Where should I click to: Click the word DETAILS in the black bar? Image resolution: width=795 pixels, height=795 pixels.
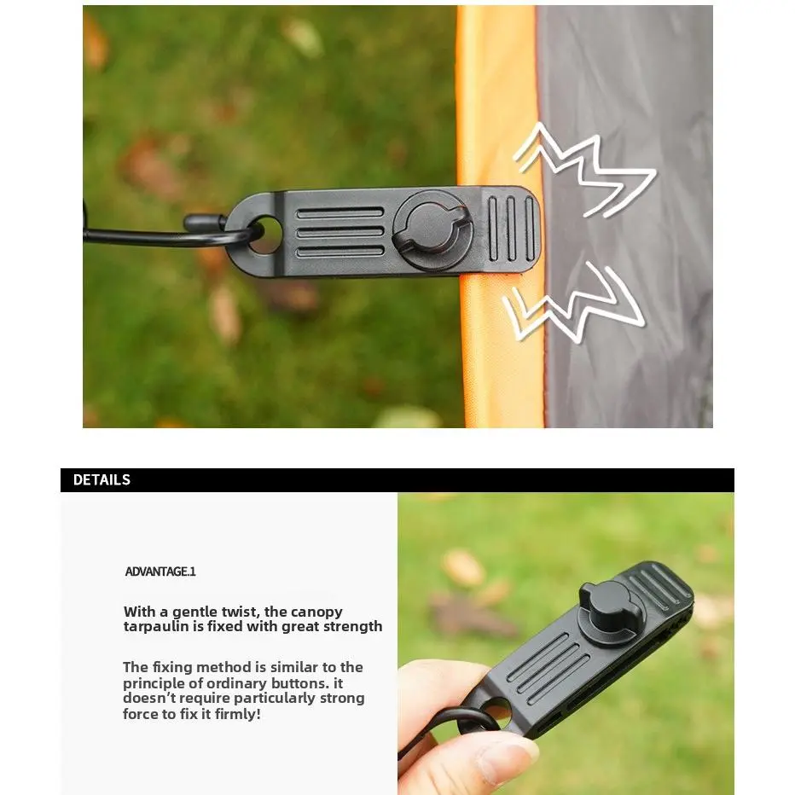(x=102, y=479)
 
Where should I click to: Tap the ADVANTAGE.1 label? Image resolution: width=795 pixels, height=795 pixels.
(x=160, y=572)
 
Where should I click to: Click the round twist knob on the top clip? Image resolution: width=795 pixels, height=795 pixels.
(x=432, y=230)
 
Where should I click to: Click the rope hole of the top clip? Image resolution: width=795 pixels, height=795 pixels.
(x=266, y=235)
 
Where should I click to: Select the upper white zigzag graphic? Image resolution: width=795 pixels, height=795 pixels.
(x=584, y=170)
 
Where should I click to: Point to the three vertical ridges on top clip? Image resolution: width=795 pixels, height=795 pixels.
(x=511, y=229)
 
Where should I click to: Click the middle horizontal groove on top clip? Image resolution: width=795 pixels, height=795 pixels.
(x=339, y=232)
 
